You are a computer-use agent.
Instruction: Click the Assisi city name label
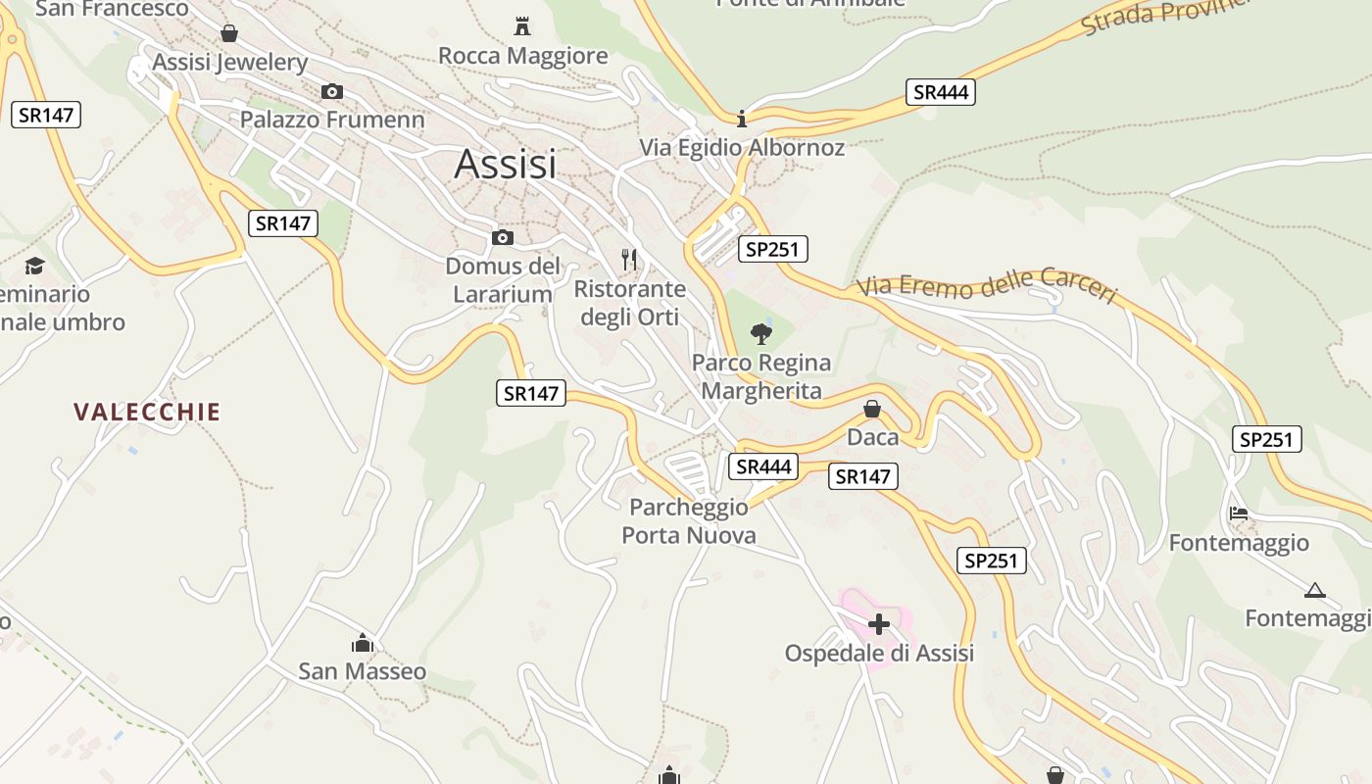tap(505, 164)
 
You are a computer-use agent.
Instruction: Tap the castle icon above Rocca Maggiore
tap(522, 25)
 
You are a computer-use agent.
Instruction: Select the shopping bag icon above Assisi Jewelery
tap(229, 34)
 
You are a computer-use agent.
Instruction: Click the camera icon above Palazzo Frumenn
tap(332, 91)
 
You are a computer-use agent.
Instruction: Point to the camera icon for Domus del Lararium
tap(503, 237)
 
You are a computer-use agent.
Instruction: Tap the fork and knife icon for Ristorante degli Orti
tap(629, 260)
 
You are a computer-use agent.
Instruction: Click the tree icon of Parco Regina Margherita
tap(760, 334)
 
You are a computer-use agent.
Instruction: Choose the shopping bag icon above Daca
tap(872, 409)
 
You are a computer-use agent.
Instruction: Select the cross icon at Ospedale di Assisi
tap(879, 623)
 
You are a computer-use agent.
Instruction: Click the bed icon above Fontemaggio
tap(1239, 513)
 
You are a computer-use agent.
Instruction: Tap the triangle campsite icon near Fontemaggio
tap(1315, 590)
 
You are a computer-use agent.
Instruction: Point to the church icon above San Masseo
tap(363, 644)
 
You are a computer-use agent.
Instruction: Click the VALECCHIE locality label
tap(147, 412)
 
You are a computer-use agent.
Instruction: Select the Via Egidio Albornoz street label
tap(742, 148)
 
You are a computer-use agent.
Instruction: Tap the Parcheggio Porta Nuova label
tap(689, 520)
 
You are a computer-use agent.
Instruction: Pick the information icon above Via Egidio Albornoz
tap(742, 119)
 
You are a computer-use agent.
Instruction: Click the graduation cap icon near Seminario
tap(35, 266)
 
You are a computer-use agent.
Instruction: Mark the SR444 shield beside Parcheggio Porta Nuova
tap(763, 466)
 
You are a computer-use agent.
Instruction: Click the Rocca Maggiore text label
tap(522, 56)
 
